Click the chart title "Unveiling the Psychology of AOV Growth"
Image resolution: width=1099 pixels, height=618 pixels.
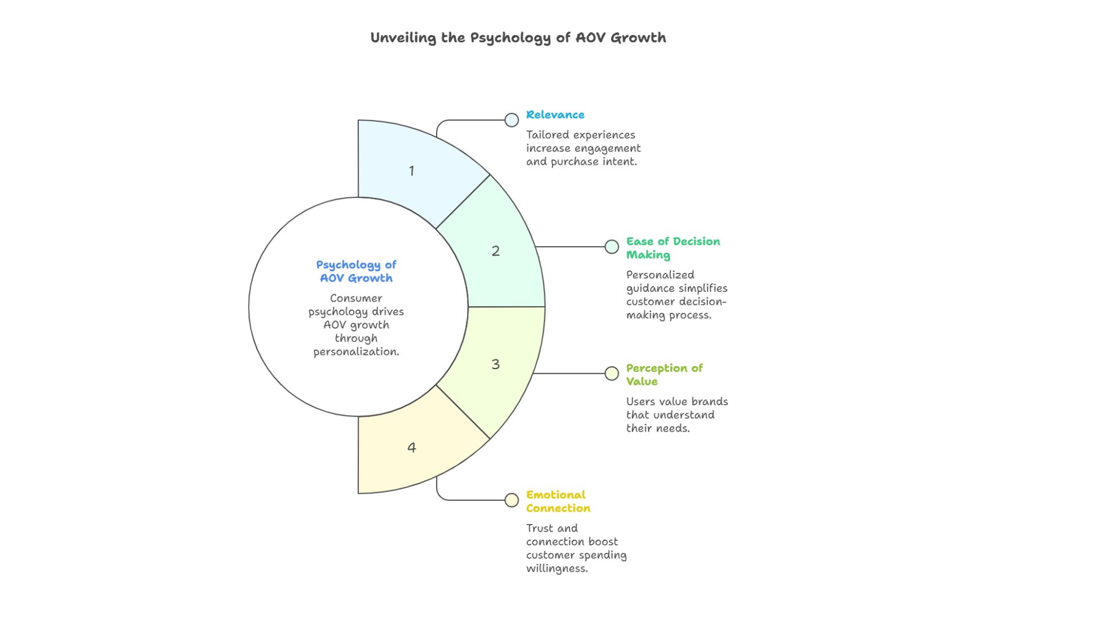pos(518,38)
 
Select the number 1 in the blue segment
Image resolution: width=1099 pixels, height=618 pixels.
pos(412,171)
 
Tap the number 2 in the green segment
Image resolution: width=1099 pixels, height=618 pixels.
pos(496,251)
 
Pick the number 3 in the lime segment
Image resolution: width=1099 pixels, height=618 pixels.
pos(496,364)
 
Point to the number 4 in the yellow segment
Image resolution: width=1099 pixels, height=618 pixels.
pos(412,447)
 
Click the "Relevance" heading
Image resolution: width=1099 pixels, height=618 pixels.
pos(555,114)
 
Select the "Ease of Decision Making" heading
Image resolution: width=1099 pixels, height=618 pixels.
pos(673,248)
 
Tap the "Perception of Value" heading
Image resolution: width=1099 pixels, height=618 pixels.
pos(664,374)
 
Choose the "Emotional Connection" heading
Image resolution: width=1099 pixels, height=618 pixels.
pos(558,501)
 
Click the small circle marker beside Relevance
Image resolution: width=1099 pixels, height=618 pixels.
pos(512,120)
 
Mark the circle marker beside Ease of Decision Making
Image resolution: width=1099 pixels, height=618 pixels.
pos(612,247)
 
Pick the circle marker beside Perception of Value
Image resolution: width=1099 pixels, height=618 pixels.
pos(612,374)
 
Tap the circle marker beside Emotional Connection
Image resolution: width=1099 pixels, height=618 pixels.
pos(512,500)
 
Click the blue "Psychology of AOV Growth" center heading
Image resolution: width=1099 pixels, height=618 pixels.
pos(356,271)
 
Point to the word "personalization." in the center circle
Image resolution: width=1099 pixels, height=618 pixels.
pos(356,352)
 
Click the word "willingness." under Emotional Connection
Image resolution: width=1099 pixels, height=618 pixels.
pos(557,569)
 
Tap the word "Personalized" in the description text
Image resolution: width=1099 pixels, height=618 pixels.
pos(660,275)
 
